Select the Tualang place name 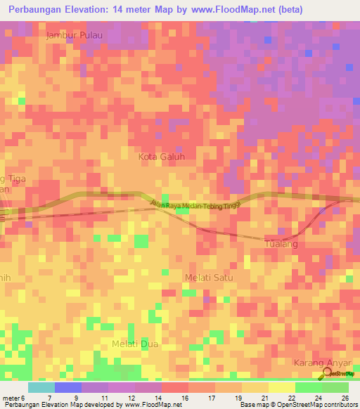(281, 244)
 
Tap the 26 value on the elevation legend (345, 397)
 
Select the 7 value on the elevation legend (49, 397)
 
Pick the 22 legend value (291, 397)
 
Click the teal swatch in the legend (41, 387)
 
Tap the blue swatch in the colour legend (68, 387)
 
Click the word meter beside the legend (13, 397)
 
